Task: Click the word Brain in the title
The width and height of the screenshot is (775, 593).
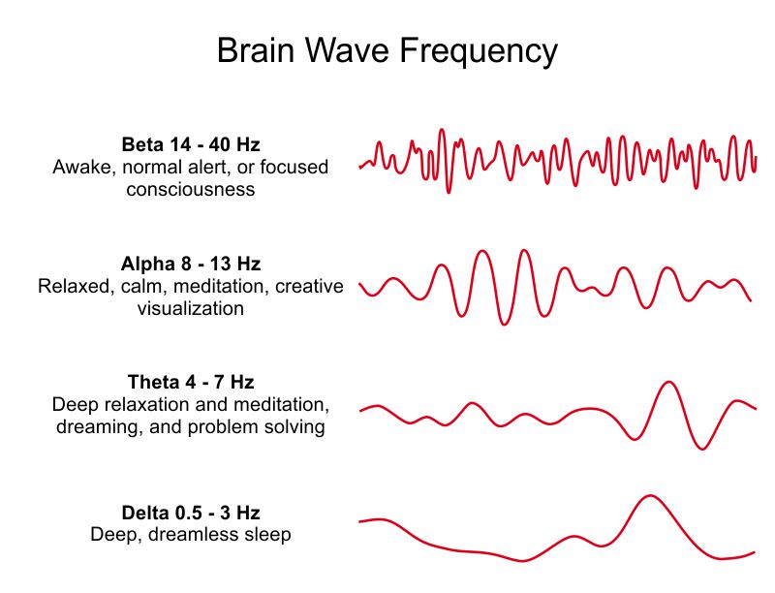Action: [256, 50]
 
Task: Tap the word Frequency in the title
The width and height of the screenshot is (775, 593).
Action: [479, 52]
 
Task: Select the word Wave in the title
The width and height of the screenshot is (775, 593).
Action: [347, 50]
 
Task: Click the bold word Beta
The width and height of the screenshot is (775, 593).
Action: [142, 144]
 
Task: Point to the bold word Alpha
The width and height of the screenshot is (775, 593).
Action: [147, 265]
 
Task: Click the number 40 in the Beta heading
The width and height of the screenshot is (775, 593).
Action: [219, 144]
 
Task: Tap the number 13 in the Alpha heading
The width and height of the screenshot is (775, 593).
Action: [219, 265]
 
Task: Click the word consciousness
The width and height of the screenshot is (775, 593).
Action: [191, 189]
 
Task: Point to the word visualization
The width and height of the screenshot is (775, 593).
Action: [191, 308]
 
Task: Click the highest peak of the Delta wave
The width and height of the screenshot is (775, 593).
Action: [650, 496]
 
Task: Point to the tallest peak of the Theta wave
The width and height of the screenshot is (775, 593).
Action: [668, 382]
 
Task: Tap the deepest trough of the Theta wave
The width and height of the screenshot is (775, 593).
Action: [701, 449]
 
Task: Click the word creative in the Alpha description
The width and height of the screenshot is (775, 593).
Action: [309, 287]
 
